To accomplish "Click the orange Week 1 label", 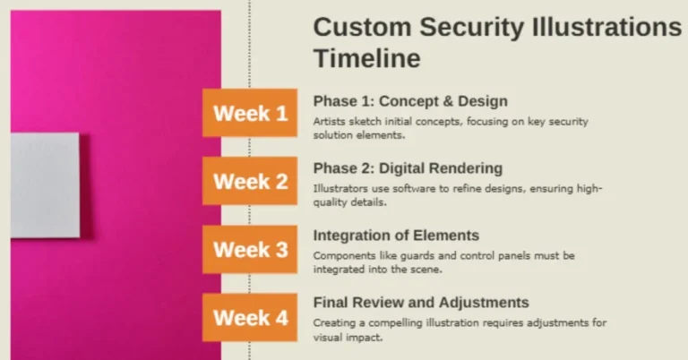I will pos(250,113).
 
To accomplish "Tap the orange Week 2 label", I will pos(250,182).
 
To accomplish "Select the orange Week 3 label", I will pos(250,249).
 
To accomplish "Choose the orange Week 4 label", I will pos(250,317).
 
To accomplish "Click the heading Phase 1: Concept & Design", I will pos(409,101).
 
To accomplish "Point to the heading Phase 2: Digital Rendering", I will pos(408,168).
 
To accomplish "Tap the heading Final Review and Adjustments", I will pos(421,303).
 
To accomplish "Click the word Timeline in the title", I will pos(366,59).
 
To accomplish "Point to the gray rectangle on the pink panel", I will pos(45,185).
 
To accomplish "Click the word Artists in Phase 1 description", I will pos(328,121).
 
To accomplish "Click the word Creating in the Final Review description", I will pos(332,322).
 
